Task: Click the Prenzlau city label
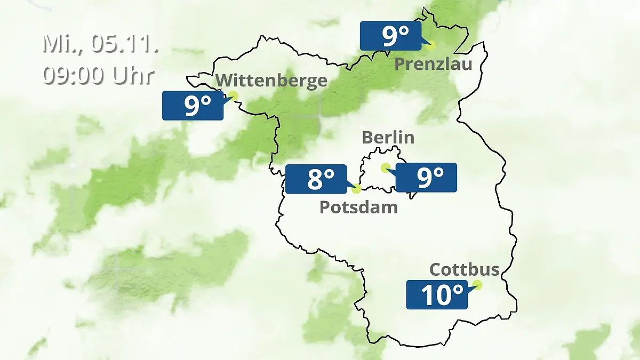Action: point(433,65)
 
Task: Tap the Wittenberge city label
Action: point(272,81)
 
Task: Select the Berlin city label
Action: point(388,137)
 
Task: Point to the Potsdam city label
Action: point(358,207)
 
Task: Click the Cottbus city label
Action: point(464,269)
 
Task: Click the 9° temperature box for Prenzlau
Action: point(390,36)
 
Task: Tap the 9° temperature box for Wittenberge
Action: point(193,106)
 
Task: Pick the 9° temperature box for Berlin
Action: point(426,178)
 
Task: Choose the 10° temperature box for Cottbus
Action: point(437,294)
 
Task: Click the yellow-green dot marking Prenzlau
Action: point(430,45)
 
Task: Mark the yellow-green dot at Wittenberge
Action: point(233,96)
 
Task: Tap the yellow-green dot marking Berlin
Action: point(385,167)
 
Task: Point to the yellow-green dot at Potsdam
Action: point(356,188)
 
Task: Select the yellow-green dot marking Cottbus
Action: point(477,285)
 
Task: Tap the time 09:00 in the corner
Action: point(75,75)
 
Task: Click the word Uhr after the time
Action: point(133,75)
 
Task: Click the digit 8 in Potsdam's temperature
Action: point(314,179)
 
